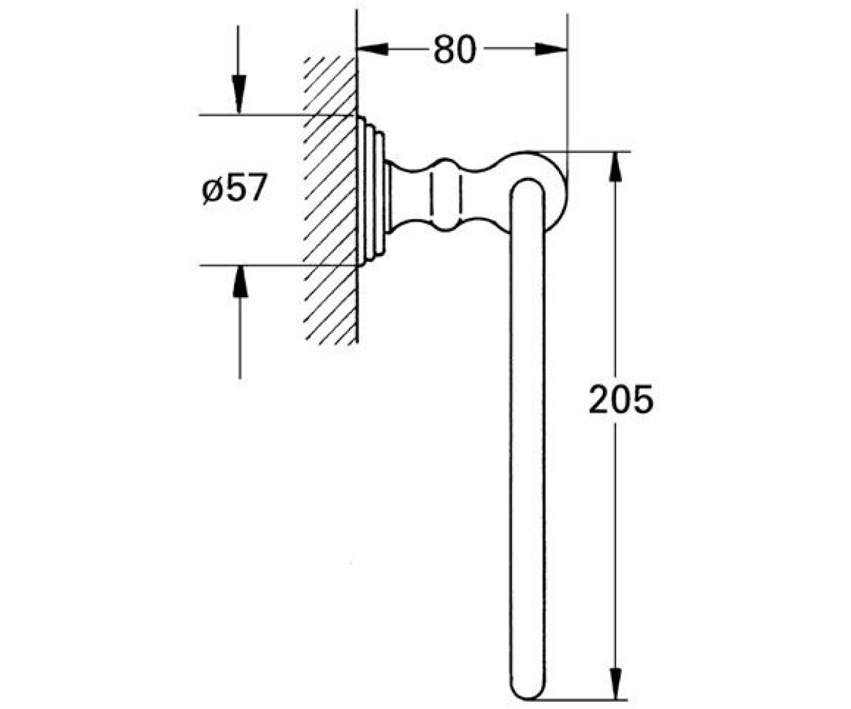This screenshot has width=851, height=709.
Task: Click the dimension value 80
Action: [x=455, y=50]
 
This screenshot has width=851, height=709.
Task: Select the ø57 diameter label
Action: [x=234, y=188]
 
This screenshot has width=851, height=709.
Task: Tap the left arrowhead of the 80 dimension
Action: [x=372, y=49]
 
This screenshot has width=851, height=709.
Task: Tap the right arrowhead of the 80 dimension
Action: [x=551, y=49]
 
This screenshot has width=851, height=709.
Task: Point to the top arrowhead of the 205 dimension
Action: [x=616, y=167]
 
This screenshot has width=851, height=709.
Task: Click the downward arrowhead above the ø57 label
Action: [x=239, y=94]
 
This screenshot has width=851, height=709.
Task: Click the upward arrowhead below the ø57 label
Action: [x=240, y=284]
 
